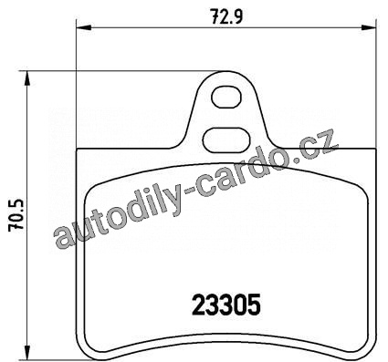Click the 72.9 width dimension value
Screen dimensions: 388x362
[226, 16]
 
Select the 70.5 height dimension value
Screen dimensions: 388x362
[16, 216]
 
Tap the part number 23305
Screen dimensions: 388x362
[226, 305]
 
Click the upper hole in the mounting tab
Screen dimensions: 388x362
[226, 97]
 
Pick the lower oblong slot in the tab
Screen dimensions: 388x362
[226, 141]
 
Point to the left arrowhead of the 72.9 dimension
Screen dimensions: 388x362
[84, 27]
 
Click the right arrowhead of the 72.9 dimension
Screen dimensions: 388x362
[369, 27]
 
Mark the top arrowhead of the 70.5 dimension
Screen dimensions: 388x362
[27, 78]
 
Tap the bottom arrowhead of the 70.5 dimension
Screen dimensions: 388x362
[27, 353]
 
